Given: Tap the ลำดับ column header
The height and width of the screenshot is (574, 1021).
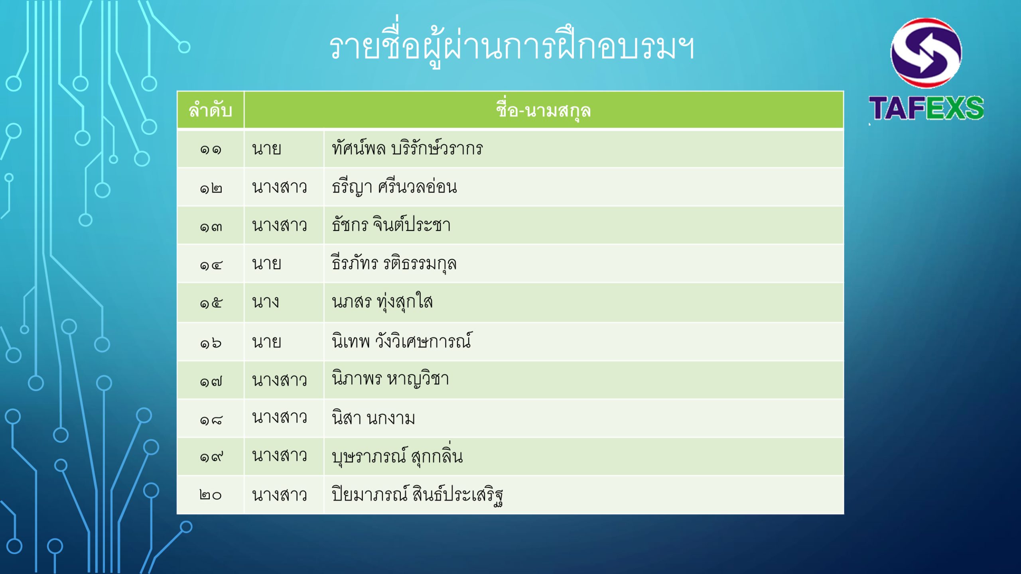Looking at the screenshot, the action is click(210, 110).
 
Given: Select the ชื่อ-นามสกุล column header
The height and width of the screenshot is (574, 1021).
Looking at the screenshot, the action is click(543, 110).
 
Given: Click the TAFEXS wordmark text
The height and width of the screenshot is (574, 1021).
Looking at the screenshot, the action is click(926, 108).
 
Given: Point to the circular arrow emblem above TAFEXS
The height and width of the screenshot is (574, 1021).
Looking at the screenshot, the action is click(926, 53).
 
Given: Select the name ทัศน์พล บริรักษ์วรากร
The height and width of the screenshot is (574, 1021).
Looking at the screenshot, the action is click(407, 148).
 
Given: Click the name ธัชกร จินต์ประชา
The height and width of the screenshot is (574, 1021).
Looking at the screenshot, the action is click(391, 224).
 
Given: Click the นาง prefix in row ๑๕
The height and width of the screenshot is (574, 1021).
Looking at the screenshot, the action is click(265, 302).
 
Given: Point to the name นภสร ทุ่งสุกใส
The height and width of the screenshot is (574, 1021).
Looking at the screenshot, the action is click(382, 301).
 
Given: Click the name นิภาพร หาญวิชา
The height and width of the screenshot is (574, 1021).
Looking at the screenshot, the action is click(390, 379).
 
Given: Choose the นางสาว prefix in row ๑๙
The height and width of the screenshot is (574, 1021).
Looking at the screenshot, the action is click(279, 456).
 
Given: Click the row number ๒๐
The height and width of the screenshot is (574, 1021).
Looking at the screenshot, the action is click(210, 495).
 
